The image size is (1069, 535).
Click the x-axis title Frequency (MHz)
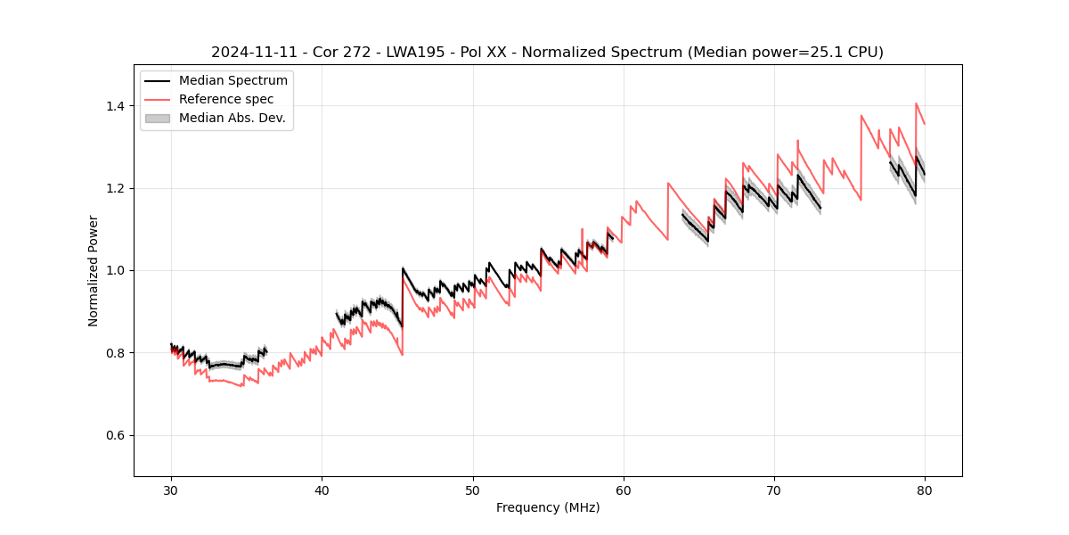(548, 507)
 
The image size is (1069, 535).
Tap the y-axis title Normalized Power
(93, 270)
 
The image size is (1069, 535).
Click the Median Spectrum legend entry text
(233, 81)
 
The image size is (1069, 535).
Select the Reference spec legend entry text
(226, 99)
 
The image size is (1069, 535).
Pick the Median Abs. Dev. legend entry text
(232, 118)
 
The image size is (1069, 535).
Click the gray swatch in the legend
(158, 118)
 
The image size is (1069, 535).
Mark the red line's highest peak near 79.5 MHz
(916, 103)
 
